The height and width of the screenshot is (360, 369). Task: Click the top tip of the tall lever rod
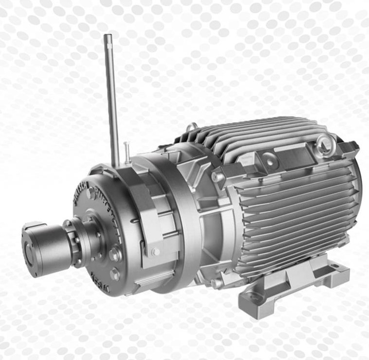click(107, 37)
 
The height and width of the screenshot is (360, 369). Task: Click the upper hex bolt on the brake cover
click(91, 194)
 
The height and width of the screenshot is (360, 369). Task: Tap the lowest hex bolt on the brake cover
click(114, 274)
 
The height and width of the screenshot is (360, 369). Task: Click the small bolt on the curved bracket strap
click(155, 252)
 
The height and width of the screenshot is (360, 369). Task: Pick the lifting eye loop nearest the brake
click(192, 127)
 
